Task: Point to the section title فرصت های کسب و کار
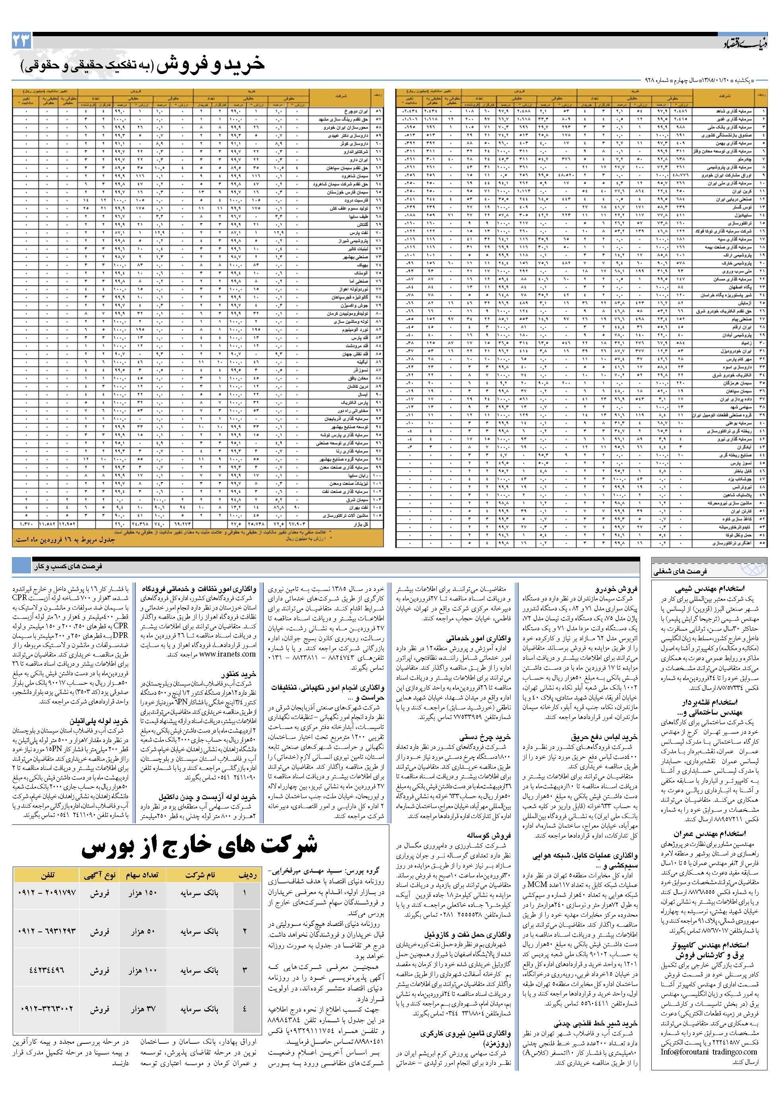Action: (x=68, y=566)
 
